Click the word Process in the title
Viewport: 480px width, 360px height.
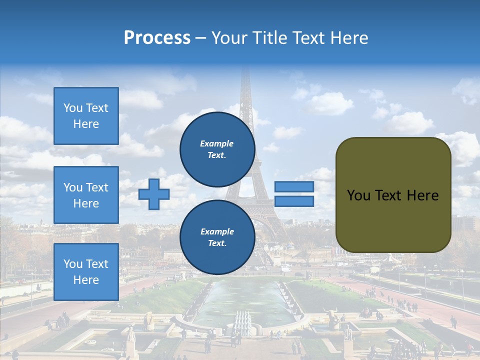pos(157,37)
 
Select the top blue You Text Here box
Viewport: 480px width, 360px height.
pos(86,116)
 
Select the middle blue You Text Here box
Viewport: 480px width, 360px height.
pos(86,195)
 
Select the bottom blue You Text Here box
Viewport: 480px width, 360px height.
pos(86,271)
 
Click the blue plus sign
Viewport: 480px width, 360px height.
pos(154,194)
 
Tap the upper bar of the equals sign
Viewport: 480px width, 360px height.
pos(294,187)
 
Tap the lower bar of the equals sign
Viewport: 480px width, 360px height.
pos(294,201)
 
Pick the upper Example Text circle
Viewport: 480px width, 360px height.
pos(217,149)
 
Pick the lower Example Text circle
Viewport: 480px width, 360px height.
pos(217,237)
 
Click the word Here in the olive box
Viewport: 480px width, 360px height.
pos(422,195)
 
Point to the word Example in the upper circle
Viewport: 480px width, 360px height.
pos(217,143)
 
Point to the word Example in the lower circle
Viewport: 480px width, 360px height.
pos(217,231)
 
